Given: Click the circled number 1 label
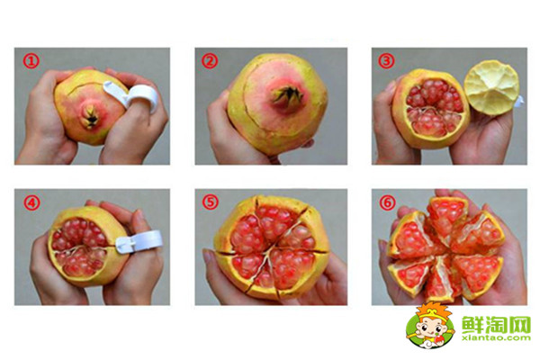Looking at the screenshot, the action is pos(31,61).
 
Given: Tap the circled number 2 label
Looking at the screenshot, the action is pos(210,61).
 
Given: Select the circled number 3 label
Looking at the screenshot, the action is pos(386,61).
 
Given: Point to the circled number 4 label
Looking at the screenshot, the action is pos(31,202).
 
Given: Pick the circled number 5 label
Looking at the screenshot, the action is pos(210,202).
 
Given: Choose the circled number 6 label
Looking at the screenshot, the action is pos(387,202).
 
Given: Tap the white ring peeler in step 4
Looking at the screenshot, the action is pos(138,241).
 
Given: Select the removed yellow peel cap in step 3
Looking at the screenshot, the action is pos(491,88).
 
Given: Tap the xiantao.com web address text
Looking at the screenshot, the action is pos(496,338).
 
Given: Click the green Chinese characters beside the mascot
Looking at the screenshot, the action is pos(496,323).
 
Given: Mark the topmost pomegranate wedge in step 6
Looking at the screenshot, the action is pos(447,215).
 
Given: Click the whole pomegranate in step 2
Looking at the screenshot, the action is pos(277,103).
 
